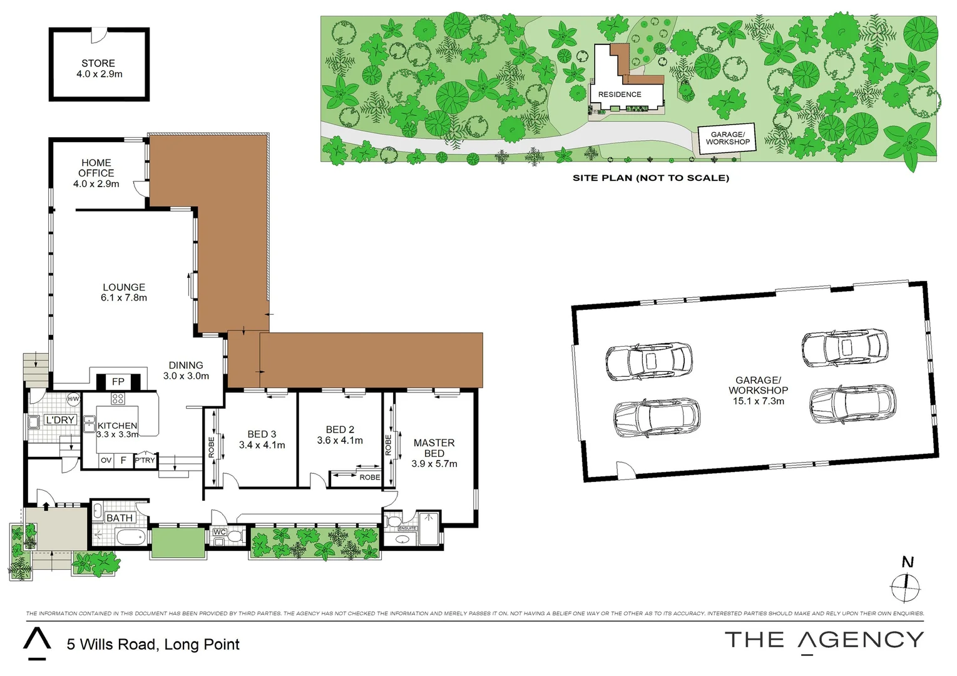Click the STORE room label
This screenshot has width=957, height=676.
click(x=98, y=63)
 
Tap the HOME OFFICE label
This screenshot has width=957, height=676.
click(x=96, y=168)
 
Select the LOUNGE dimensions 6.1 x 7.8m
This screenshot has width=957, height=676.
click(x=124, y=298)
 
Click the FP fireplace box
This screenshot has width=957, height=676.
click(x=118, y=381)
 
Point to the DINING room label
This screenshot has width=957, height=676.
click(x=186, y=366)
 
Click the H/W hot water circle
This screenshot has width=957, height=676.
click(x=73, y=399)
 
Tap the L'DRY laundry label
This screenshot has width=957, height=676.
click(x=60, y=420)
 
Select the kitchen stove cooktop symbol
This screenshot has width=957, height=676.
click(x=118, y=399)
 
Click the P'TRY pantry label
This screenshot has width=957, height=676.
click(x=145, y=460)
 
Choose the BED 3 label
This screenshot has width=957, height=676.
click(x=262, y=434)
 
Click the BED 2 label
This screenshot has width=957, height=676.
click(x=340, y=430)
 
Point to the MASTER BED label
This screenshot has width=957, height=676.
click(x=434, y=448)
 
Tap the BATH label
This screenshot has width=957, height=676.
click(x=119, y=518)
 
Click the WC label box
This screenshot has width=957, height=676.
click(x=220, y=532)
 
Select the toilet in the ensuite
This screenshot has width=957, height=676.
click(x=394, y=520)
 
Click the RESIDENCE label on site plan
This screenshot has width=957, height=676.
click(x=620, y=95)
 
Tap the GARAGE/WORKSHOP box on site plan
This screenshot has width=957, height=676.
click(x=727, y=138)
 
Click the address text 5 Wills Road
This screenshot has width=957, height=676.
click(x=153, y=644)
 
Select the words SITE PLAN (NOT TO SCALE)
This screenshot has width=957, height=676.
click(x=651, y=178)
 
